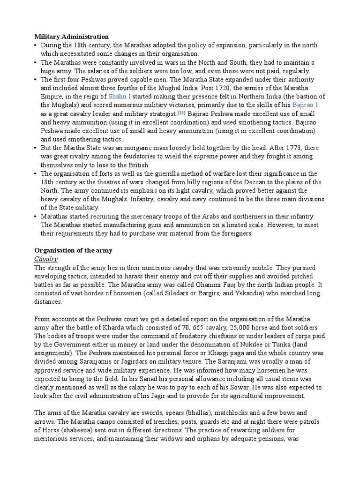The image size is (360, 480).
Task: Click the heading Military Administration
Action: pos(72,37)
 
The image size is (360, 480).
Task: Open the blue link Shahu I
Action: pos(120,96)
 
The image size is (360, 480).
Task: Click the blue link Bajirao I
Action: pos(305,105)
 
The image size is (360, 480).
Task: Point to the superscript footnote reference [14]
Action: pos(181,113)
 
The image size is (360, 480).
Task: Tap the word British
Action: pos(138,165)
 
